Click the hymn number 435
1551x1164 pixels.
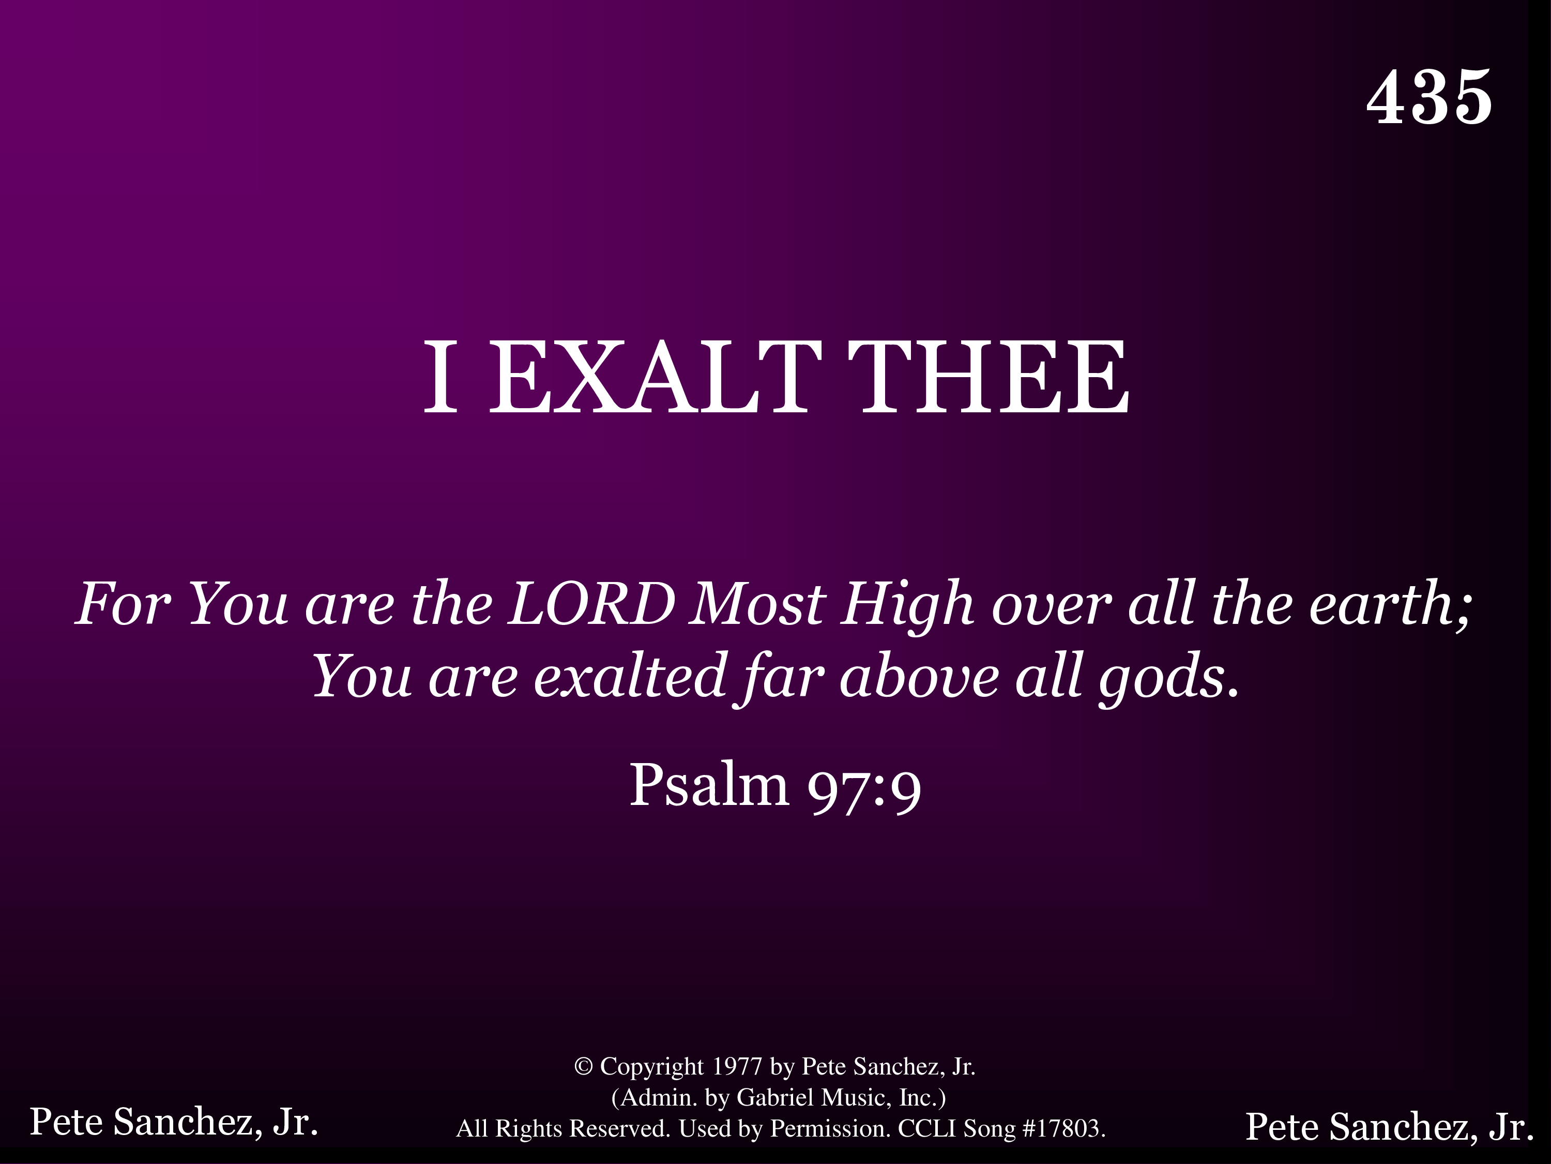1429,98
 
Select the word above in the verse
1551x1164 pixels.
919,676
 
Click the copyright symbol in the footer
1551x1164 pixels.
583,1066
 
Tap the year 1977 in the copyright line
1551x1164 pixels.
737,1066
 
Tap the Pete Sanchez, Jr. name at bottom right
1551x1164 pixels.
1390,1127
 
